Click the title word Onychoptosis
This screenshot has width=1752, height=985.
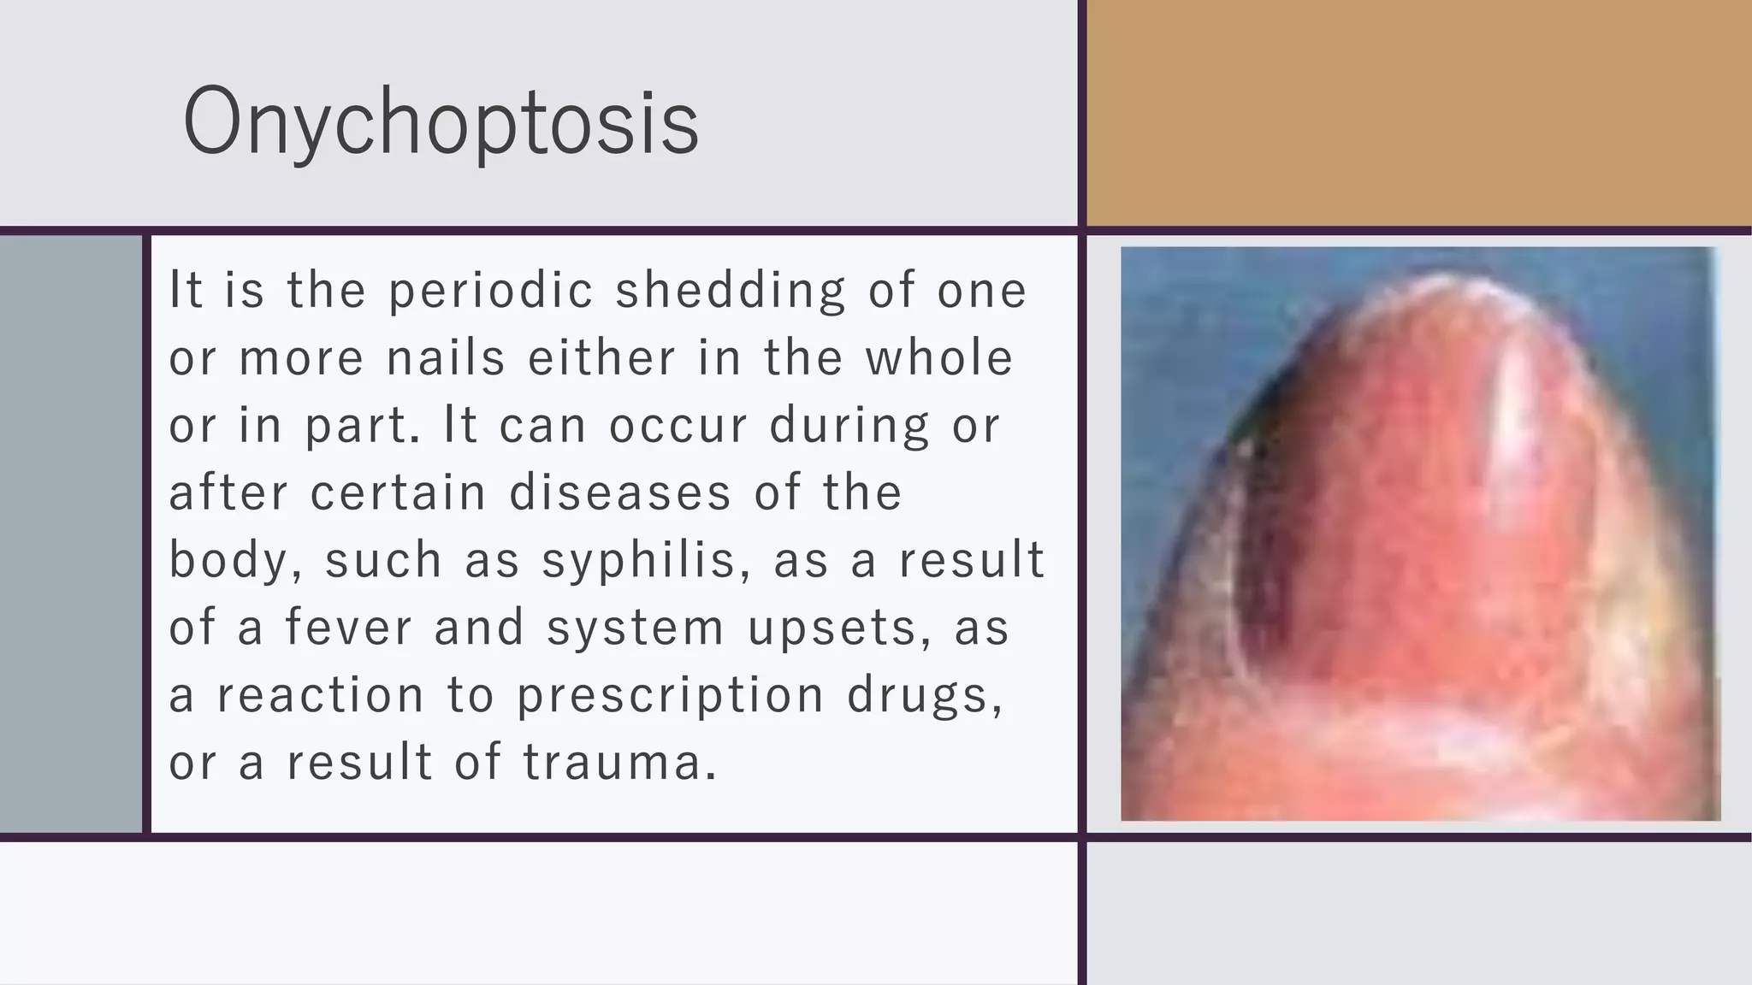tap(441, 121)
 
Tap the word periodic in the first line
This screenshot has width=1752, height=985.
tap(491, 290)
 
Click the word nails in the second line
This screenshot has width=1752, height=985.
tap(446, 357)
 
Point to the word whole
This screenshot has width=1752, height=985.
tap(938, 357)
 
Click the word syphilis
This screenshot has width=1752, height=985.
tap(637, 561)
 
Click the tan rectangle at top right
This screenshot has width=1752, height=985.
tap(1418, 113)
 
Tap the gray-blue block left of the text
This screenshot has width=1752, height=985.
tap(70, 534)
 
